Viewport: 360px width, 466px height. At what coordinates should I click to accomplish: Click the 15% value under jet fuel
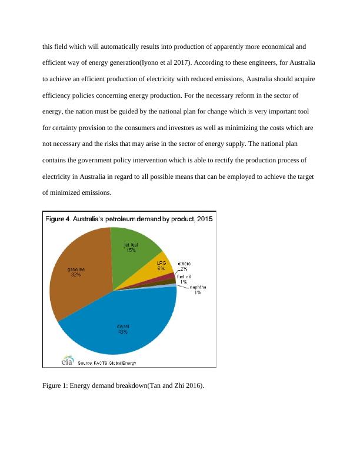point(131,250)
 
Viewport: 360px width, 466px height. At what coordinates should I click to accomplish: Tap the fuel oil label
point(187,276)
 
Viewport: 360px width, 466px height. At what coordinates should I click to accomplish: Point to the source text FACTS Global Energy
point(112,363)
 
